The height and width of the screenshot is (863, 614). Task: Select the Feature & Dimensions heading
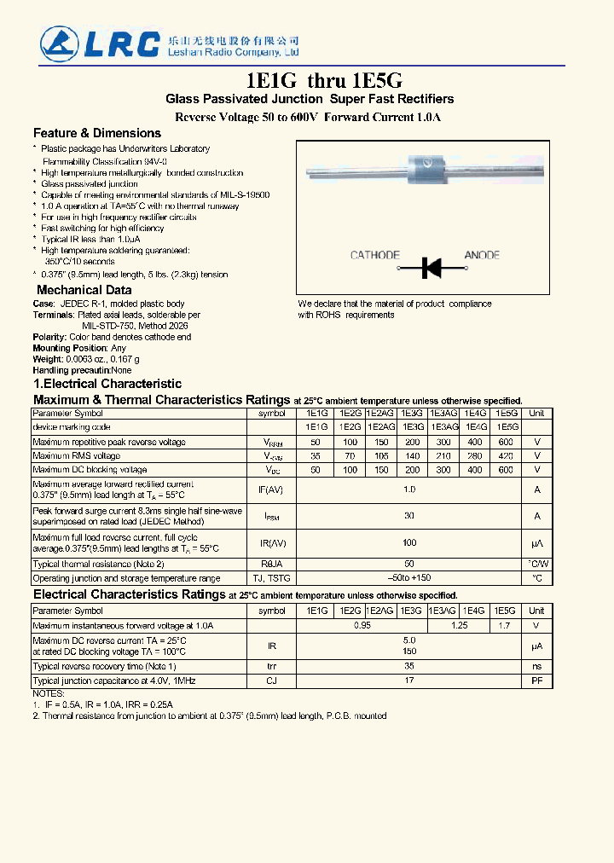coord(96,133)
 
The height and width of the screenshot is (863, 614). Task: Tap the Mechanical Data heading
coord(84,290)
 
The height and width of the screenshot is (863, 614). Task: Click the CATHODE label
coord(374,255)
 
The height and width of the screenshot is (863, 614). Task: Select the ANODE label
coord(482,255)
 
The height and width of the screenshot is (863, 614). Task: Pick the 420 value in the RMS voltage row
coord(506,456)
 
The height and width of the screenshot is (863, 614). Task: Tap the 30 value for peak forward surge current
coord(409,515)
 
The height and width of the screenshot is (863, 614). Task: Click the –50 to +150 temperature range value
coord(409,578)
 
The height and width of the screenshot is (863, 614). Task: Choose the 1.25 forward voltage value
coord(459,625)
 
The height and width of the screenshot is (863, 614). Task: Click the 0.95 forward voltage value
coord(363,625)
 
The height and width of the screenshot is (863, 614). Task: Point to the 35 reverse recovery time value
coord(409,666)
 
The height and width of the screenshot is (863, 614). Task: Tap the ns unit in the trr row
coord(536,666)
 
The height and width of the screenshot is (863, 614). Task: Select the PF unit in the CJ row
coord(536,681)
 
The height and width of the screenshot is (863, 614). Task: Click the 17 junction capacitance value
coord(409,681)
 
